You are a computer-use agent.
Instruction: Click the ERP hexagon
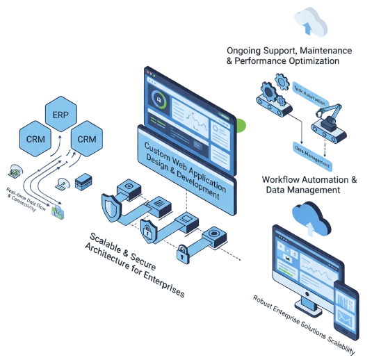click(60, 112)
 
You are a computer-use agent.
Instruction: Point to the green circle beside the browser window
click(242, 126)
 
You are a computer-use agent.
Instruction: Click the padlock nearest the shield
click(148, 229)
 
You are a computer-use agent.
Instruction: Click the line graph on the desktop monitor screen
click(321, 270)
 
